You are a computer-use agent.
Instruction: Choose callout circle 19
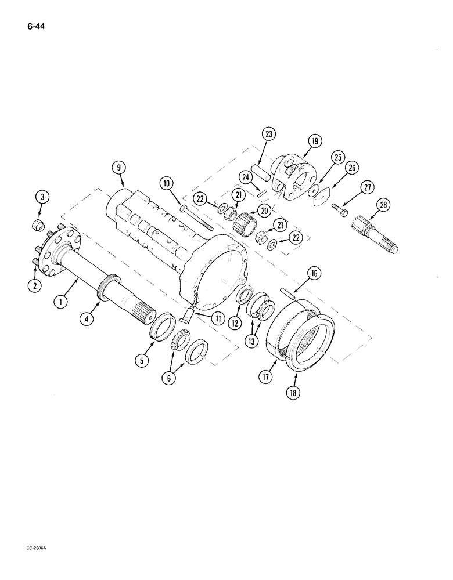[x=314, y=141]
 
